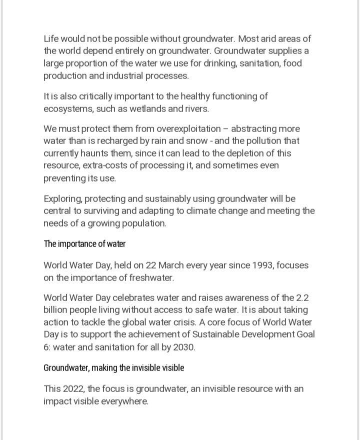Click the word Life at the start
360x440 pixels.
51,38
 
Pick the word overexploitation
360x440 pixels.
181,128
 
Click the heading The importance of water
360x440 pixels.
84,244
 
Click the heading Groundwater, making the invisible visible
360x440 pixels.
114,368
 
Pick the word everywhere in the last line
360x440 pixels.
123,401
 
